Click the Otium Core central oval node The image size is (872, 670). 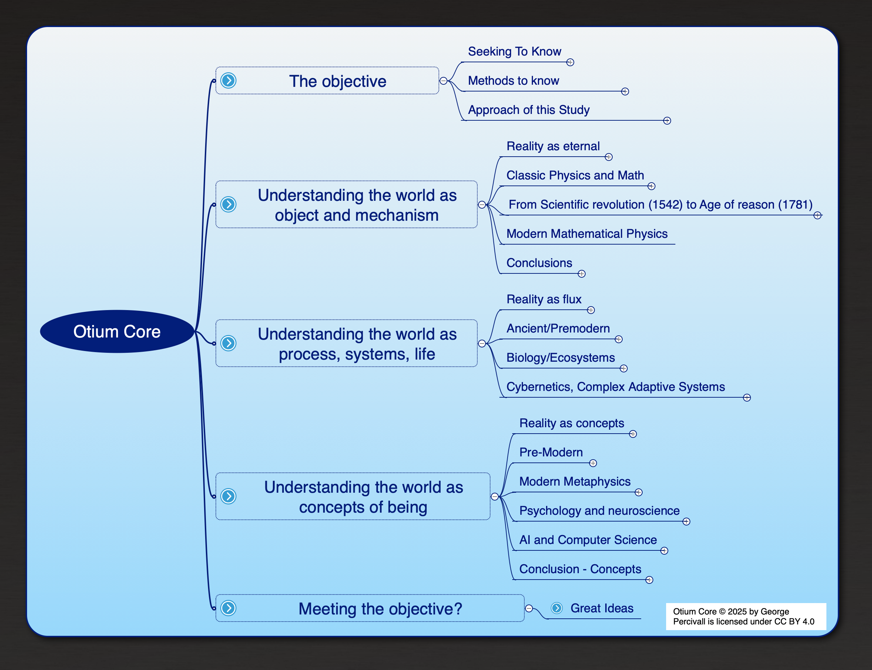[117, 331]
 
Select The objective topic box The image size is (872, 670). [327, 80]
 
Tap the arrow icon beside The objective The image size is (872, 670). [229, 80]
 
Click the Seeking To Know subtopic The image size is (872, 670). [514, 52]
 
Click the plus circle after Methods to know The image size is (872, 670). [625, 92]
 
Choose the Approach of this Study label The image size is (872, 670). [528, 110]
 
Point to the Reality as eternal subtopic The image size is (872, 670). [553, 146]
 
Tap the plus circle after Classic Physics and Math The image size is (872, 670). [651, 186]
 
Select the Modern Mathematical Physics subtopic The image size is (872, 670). [587, 234]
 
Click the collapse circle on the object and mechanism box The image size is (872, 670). [482, 205]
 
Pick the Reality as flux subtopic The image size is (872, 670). [544, 299]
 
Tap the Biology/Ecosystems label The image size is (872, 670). [560, 358]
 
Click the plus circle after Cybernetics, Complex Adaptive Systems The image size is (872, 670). [747, 398]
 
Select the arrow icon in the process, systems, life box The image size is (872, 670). [229, 343]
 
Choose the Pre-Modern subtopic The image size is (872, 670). [551, 452]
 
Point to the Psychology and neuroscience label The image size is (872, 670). [599, 511]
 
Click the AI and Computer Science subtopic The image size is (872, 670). [588, 540]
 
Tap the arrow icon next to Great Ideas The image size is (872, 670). [557, 608]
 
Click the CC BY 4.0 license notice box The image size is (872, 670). [746, 617]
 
